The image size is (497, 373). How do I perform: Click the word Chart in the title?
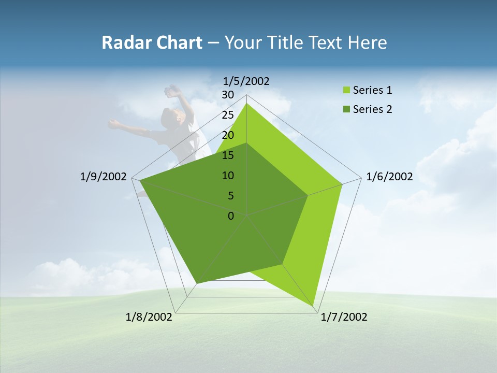[x=178, y=42]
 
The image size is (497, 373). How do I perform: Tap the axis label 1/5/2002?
[x=246, y=81]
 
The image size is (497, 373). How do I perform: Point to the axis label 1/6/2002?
[x=389, y=177]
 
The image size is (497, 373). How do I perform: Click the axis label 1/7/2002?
[x=344, y=317]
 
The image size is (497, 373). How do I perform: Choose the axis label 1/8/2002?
[x=149, y=317]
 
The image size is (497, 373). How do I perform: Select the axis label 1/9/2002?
[x=104, y=177]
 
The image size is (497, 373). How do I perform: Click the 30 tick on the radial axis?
[x=228, y=95]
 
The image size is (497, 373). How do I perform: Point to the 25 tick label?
[x=228, y=115]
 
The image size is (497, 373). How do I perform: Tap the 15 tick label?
[x=228, y=155]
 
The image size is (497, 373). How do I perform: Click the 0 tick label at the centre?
[x=231, y=216]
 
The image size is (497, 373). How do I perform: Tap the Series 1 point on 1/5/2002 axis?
[x=246, y=103]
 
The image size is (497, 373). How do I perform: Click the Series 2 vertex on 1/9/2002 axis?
[x=139, y=181]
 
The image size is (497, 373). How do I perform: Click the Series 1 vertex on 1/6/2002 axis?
[x=342, y=184]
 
